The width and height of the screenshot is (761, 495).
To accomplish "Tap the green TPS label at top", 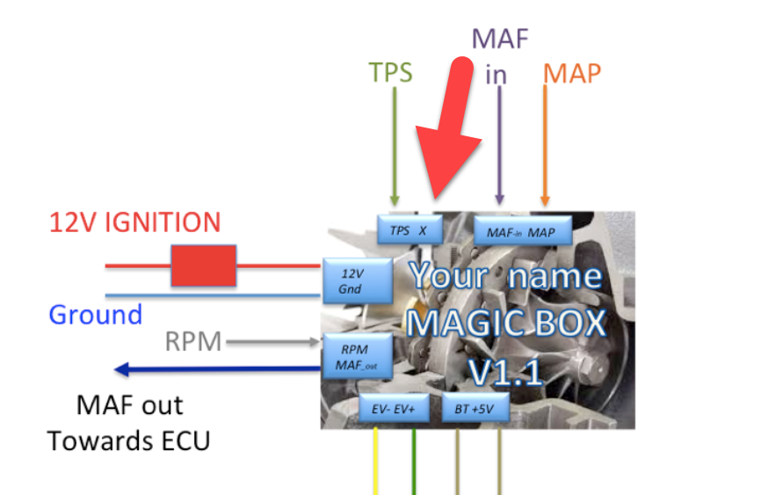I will [390, 72].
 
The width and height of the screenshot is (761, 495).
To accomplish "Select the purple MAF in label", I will [498, 55].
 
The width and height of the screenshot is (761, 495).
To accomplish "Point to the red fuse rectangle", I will [203, 266].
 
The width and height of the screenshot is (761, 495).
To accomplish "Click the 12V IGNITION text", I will [136, 223].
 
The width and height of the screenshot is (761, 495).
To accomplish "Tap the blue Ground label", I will [95, 314].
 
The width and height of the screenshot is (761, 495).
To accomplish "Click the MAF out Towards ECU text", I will [129, 423].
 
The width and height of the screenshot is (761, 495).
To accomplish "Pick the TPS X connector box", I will [409, 229].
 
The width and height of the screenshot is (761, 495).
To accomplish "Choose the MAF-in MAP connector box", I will [523, 230].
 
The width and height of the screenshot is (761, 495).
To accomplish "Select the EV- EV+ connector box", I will [393, 409].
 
